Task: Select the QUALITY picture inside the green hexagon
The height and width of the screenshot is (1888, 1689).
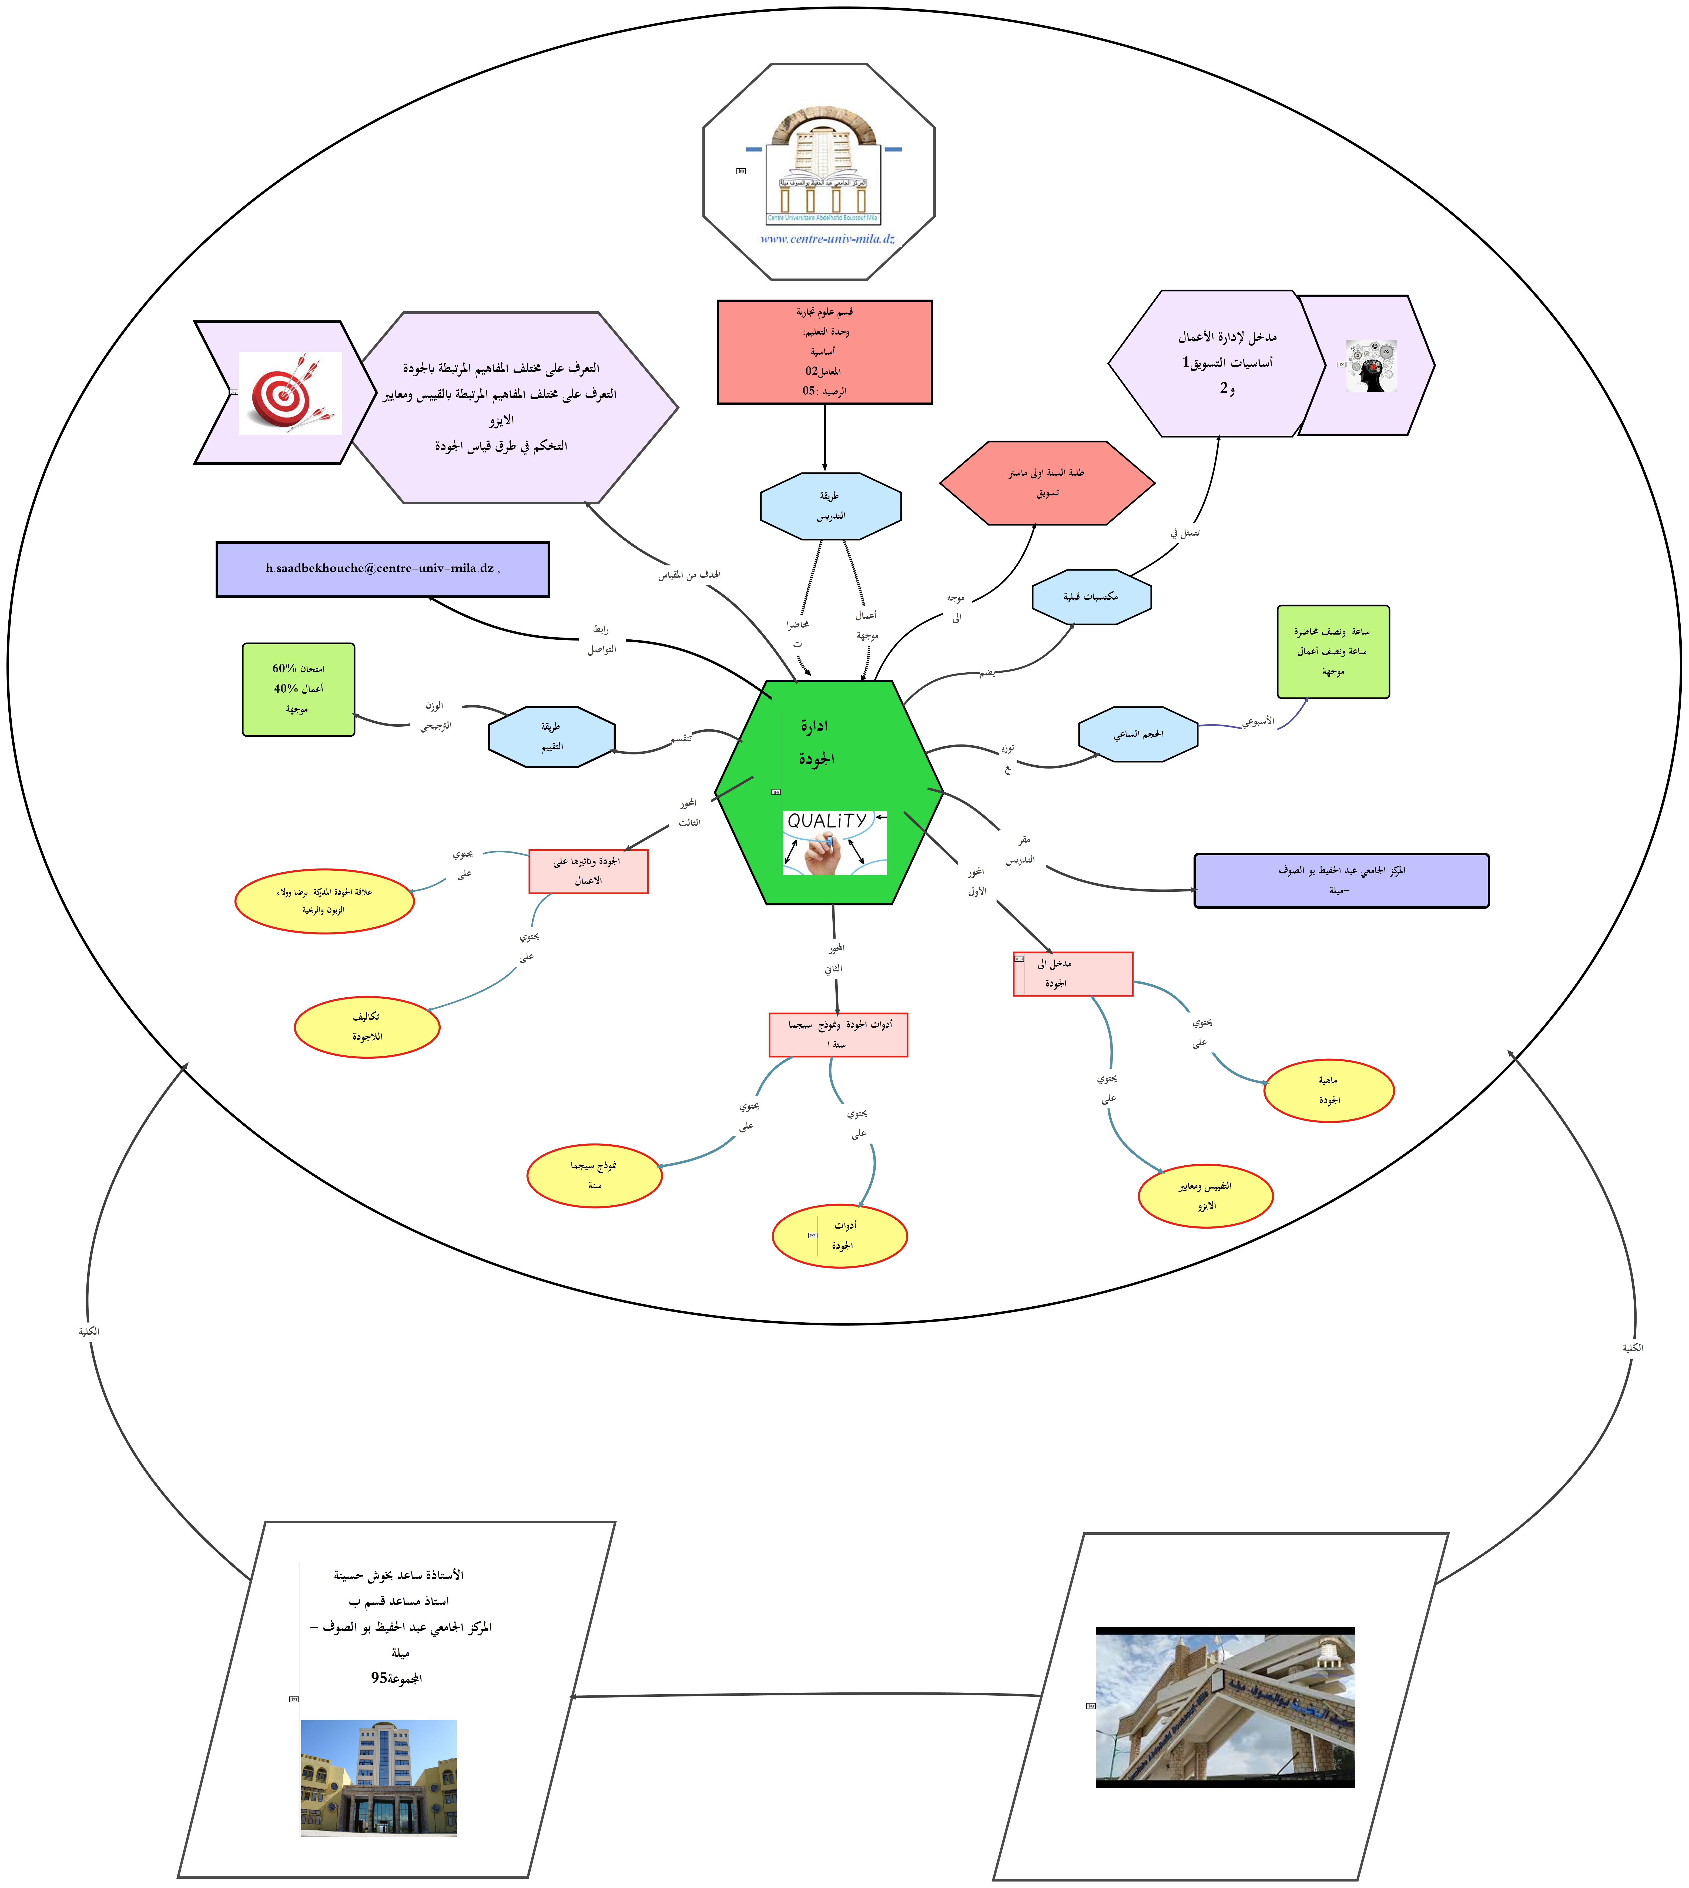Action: point(834,842)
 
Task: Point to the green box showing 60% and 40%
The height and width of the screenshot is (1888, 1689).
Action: point(298,689)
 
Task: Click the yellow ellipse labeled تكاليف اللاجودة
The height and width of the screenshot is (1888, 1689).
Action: point(367,1027)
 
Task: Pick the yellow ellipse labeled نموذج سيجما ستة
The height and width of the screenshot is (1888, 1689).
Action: point(594,1175)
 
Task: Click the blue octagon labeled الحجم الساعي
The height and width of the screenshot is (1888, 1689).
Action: point(1138,734)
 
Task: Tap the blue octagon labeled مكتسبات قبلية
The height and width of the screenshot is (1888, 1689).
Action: point(1091,596)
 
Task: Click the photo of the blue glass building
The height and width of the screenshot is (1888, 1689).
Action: point(379,1777)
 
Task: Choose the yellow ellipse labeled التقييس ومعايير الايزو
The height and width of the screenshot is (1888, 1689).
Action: point(1205,1196)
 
